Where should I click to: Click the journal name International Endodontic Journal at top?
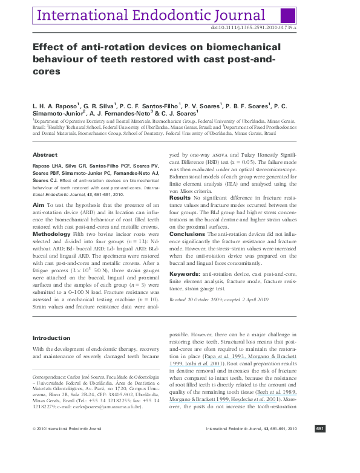point(150,15)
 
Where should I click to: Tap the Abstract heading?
point(45,155)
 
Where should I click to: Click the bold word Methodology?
point(51,233)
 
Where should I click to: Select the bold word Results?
point(180,198)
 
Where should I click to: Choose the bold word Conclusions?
point(187,233)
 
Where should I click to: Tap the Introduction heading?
point(51,338)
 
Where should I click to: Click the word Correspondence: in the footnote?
point(50,376)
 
